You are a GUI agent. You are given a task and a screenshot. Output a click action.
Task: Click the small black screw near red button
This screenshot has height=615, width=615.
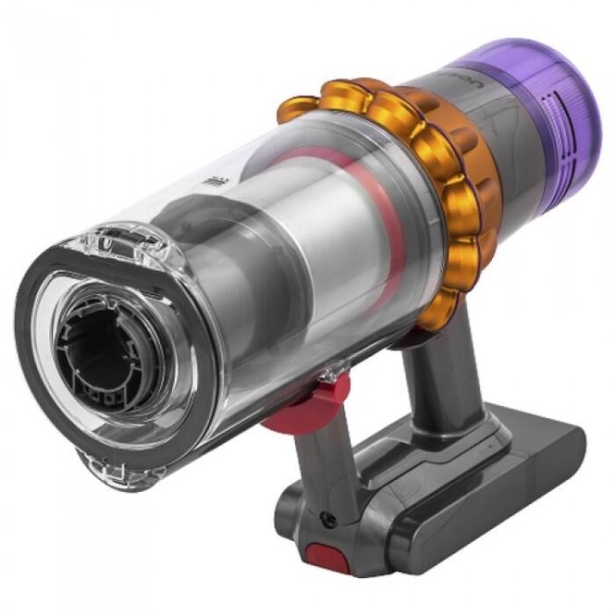[x=327, y=519]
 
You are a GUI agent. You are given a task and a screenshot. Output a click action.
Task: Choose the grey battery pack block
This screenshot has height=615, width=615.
[x=445, y=473]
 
